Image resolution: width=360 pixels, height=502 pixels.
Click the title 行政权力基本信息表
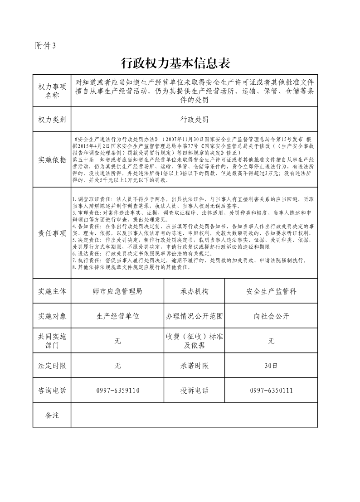[179, 63]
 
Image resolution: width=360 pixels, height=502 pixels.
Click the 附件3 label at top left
[45, 45]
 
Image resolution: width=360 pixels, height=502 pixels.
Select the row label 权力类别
[52, 120]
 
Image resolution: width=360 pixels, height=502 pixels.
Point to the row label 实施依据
[52, 159]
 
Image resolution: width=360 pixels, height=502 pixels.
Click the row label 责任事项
[52, 233]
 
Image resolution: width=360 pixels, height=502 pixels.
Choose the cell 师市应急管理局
[117, 291]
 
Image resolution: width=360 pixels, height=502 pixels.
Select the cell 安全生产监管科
[271, 291]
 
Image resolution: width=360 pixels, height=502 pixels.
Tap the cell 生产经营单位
[117, 316]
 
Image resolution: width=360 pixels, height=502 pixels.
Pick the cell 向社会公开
[271, 316]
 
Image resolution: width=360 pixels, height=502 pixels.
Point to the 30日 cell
[271, 366]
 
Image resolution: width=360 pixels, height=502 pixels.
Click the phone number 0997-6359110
[117, 391]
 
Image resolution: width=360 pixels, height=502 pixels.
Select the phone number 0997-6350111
[271, 391]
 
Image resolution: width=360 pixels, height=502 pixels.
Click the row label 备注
[52, 415]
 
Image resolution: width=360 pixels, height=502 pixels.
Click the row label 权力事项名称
[52, 91]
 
